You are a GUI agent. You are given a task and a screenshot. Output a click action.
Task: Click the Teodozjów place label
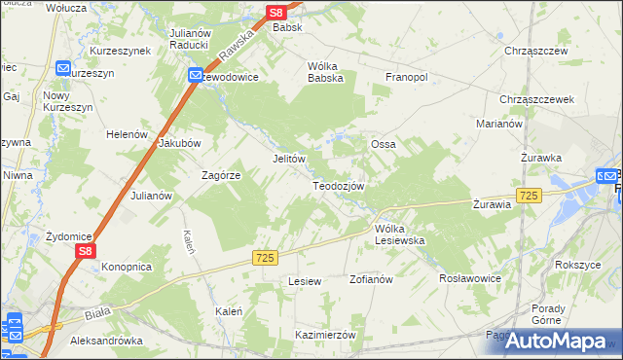pyautogui.click(x=338, y=186)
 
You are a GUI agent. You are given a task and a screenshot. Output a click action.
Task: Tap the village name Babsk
pyautogui.click(x=287, y=28)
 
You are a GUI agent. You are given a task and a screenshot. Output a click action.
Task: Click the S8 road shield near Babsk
pyautogui.click(x=276, y=13)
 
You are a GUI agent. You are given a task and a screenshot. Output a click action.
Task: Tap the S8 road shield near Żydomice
pyautogui.click(x=86, y=251)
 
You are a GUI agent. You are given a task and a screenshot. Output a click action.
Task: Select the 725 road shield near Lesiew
pyautogui.click(x=266, y=257)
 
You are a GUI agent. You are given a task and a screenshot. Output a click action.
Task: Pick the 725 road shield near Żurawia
pyautogui.click(x=529, y=196)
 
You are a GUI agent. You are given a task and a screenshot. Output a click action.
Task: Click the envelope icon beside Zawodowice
pyautogui.click(x=196, y=75)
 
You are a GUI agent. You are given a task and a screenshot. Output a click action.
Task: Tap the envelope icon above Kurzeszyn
pyautogui.click(x=63, y=69)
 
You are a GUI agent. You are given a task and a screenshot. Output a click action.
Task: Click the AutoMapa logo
pyautogui.click(x=558, y=340)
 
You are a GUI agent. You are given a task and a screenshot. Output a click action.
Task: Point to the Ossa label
pyautogui.click(x=382, y=144)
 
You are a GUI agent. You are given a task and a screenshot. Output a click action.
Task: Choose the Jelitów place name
pyautogui.click(x=289, y=159)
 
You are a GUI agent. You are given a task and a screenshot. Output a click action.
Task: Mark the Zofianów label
pyautogui.click(x=370, y=279)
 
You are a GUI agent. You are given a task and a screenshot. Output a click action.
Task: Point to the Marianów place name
pyautogui.click(x=499, y=125)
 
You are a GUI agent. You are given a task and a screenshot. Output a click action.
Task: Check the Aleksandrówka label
pyautogui.click(x=107, y=342)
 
